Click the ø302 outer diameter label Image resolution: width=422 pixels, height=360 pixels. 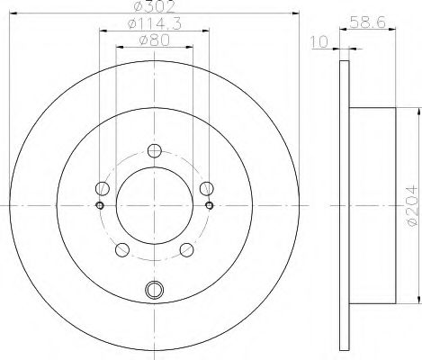point(155,6)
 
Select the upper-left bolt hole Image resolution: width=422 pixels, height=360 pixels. point(103,189)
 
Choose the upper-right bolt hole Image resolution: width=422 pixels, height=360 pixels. point(206,188)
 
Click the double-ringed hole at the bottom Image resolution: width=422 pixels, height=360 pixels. point(154,290)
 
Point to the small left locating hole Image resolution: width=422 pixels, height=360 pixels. point(99,205)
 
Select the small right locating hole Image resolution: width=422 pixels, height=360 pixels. point(210,205)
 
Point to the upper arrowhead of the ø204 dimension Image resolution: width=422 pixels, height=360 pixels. point(418,110)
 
